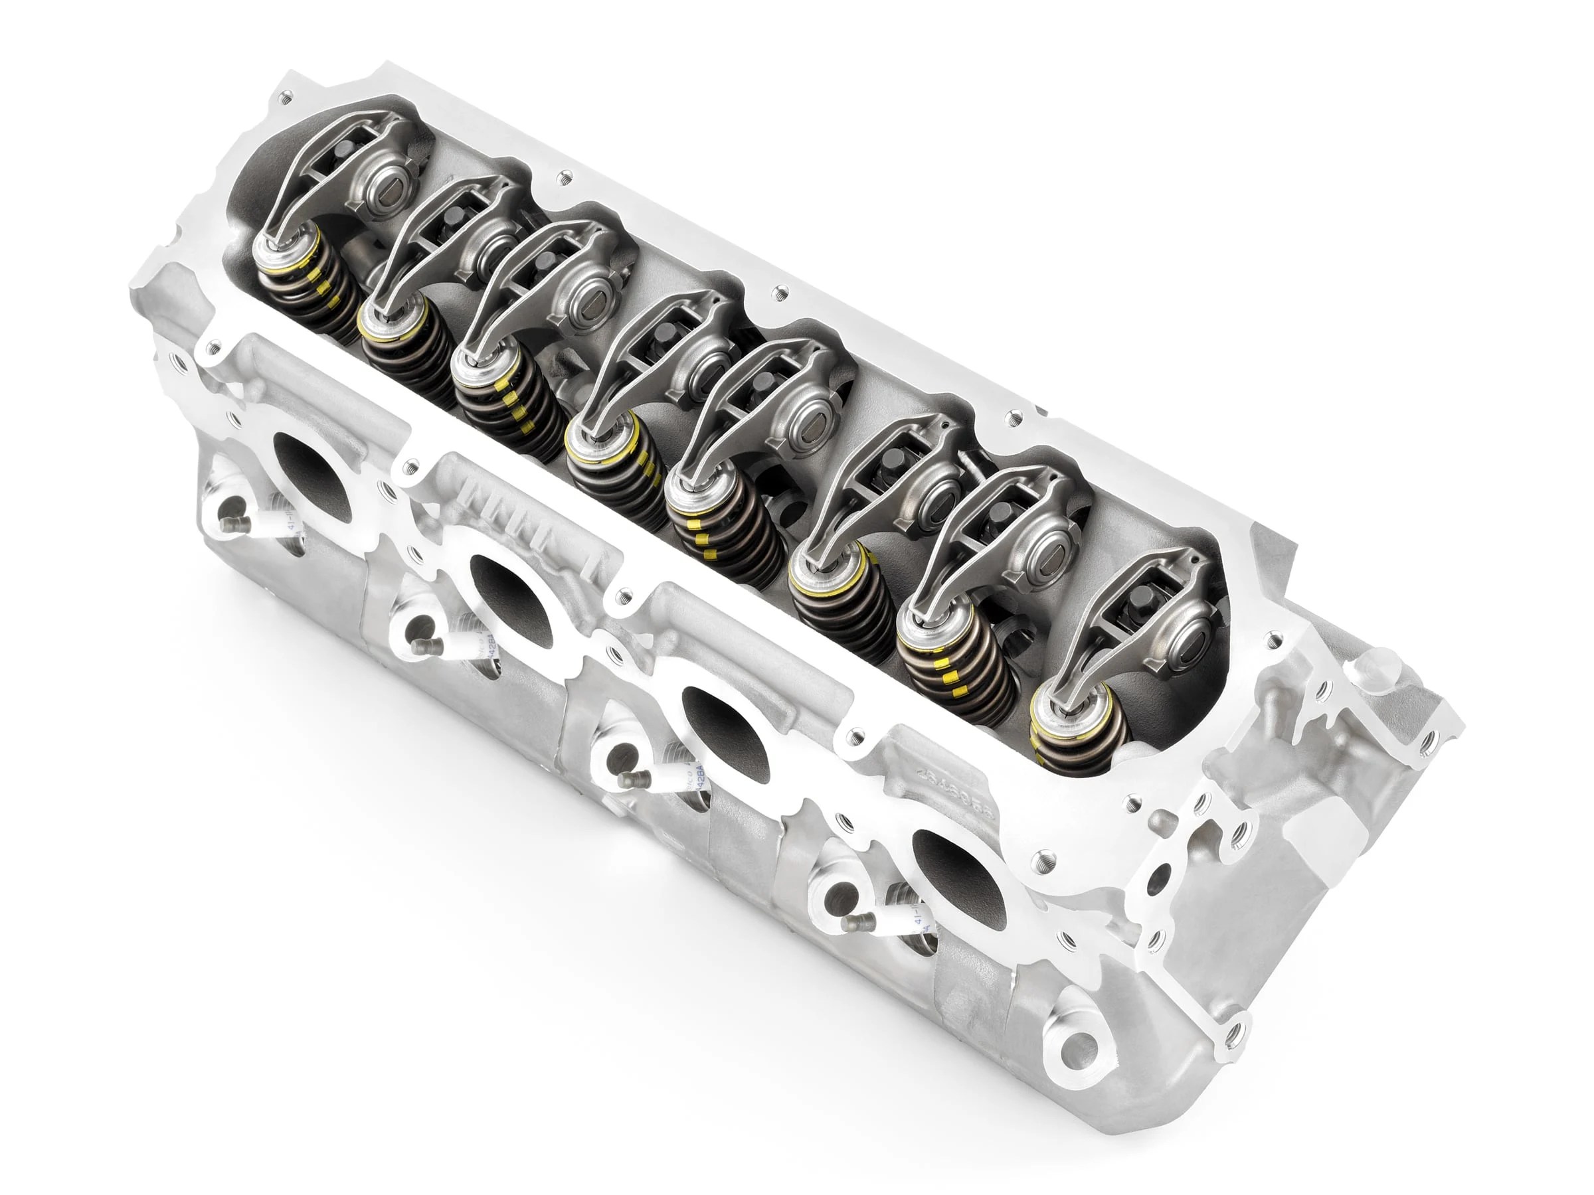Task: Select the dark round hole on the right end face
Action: [1158, 878]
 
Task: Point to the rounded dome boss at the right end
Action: [1372, 667]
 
